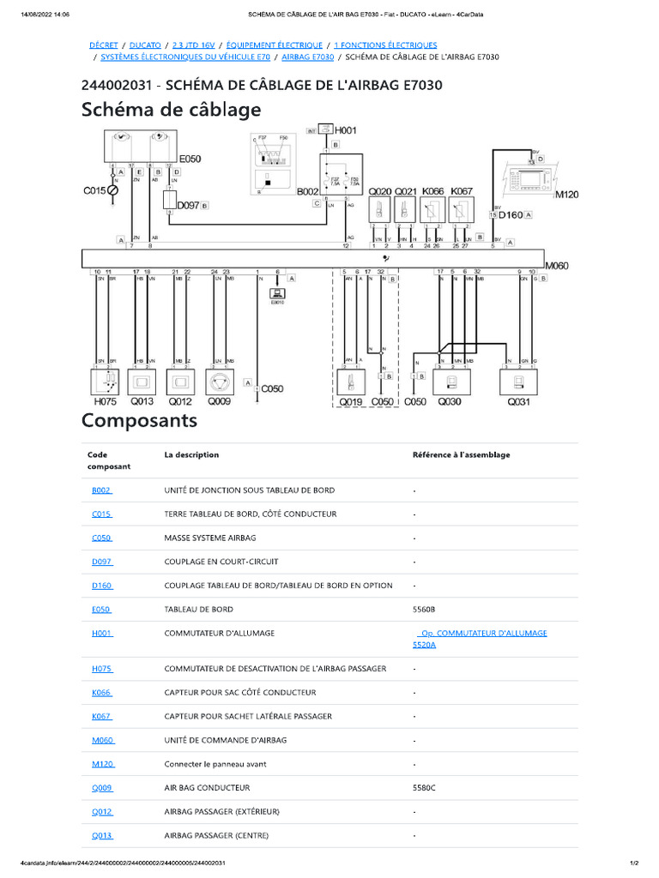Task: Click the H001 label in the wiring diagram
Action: pyautogui.click(x=346, y=130)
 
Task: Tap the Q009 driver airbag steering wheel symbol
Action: pyautogui.click(x=220, y=381)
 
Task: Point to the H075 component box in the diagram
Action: pyautogui.click(x=108, y=382)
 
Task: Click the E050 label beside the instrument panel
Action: pyautogui.click(x=190, y=159)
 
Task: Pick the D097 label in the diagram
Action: pyautogui.click(x=187, y=206)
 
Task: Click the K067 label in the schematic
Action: pyautogui.click(x=462, y=190)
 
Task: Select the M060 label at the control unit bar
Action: pyautogui.click(x=557, y=266)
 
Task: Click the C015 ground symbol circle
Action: pyautogui.click(x=112, y=190)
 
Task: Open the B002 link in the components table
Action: pyautogui.click(x=101, y=490)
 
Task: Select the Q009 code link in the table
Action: pyautogui.click(x=101, y=787)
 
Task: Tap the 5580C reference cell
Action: pyautogui.click(x=424, y=787)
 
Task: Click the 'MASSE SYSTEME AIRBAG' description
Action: pyautogui.click(x=209, y=538)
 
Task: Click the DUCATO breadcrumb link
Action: pyautogui.click(x=146, y=45)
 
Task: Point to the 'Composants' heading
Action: pyautogui.click(x=139, y=421)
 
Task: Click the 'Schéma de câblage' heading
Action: pyautogui.click(x=171, y=111)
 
